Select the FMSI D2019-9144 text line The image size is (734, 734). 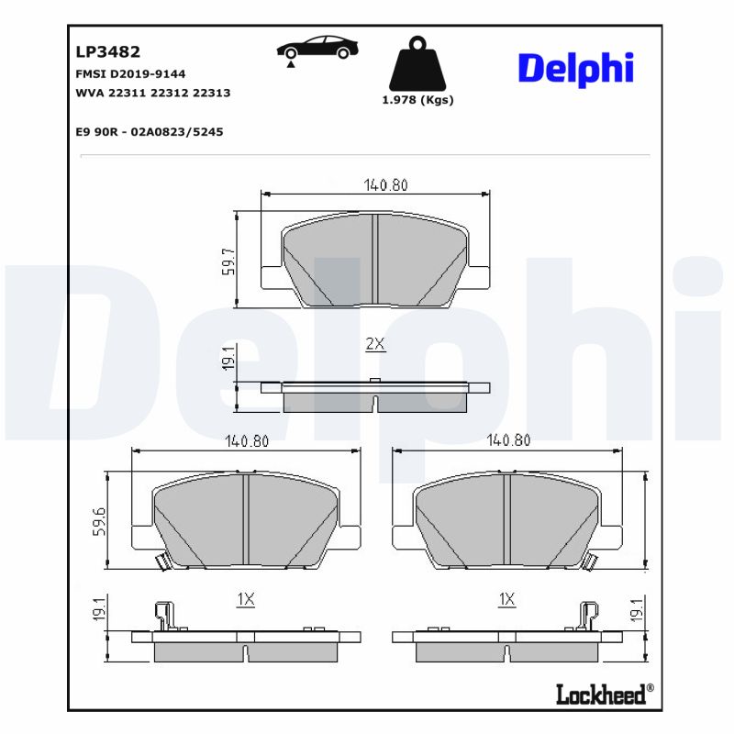pyautogui.click(x=131, y=73)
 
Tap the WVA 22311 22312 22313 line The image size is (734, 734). pyautogui.click(x=152, y=93)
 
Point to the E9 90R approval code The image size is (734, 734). pyautogui.click(x=149, y=132)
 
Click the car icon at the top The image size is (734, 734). pyautogui.click(x=317, y=50)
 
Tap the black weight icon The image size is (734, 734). pyautogui.click(x=417, y=63)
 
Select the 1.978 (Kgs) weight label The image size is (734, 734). pyautogui.click(x=417, y=101)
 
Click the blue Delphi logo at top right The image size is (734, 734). pyautogui.click(x=575, y=69)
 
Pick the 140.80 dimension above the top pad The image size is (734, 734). pyautogui.click(x=385, y=184)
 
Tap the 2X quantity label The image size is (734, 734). pyautogui.click(x=375, y=344)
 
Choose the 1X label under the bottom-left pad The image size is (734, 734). pyautogui.click(x=245, y=599)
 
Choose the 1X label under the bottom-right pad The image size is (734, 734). pyautogui.click(x=506, y=599)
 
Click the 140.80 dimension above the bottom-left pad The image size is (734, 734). pyautogui.click(x=246, y=440)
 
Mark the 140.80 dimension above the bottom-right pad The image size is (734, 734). pyautogui.click(x=508, y=440)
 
